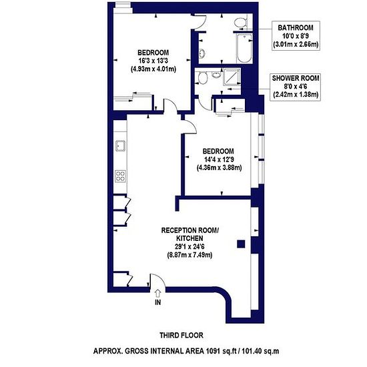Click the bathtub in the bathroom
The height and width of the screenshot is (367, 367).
[x=244, y=48]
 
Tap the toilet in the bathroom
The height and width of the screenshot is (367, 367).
[x=241, y=22]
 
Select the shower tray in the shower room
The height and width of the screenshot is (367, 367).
[x=232, y=77]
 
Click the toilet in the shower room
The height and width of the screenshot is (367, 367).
[x=202, y=77]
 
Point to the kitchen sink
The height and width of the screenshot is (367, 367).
[x=121, y=146]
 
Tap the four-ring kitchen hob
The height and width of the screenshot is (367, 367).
[x=121, y=176]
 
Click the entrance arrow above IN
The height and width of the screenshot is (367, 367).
[x=158, y=293]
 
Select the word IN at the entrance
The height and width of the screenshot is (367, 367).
[x=158, y=302]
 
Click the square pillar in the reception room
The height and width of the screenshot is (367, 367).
[x=241, y=244]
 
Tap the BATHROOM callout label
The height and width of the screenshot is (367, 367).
[x=296, y=27]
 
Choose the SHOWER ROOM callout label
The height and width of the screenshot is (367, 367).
[x=296, y=78]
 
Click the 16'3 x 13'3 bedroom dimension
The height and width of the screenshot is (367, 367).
[x=153, y=61]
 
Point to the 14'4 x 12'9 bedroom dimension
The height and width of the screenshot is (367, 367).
[x=219, y=159]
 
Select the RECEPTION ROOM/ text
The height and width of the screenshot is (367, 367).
[x=190, y=230]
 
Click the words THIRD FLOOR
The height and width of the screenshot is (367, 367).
[x=181, y=335]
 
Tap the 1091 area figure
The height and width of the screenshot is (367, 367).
[x=213, y=351]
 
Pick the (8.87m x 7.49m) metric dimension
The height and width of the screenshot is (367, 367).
[x=190, y=255]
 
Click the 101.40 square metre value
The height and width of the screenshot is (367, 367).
[x=252, y=351]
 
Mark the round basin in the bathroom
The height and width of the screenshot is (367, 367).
[x=202, y=53]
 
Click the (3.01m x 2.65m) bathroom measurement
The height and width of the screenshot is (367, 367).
[x=296, y=44]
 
